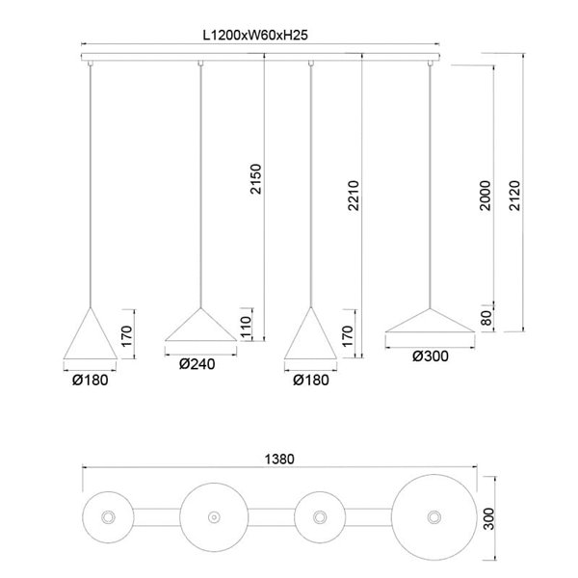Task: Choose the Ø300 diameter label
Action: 430,356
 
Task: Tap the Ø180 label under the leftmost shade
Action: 90,381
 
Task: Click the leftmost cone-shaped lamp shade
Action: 90,339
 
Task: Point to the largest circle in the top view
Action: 430,518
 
